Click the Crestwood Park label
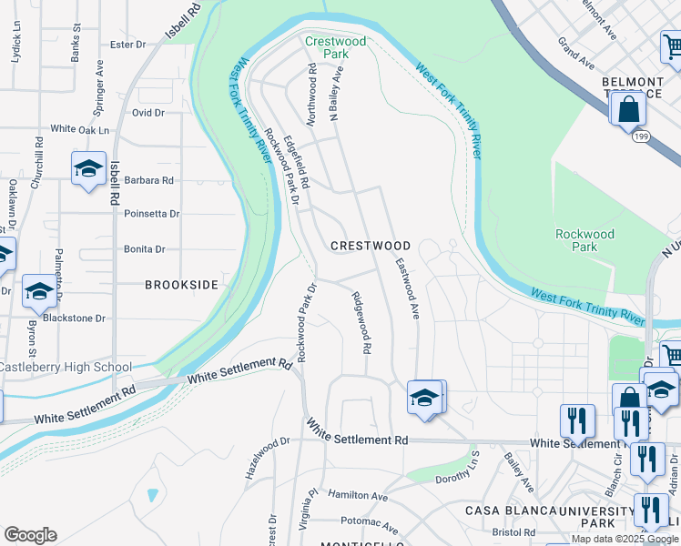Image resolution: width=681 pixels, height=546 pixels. click(x=336, y=47)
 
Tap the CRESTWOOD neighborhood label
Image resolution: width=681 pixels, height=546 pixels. click(x=371, y=246)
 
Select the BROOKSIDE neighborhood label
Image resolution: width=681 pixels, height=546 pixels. click(x=182, y=285)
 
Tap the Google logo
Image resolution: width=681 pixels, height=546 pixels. click(x=30, y=535)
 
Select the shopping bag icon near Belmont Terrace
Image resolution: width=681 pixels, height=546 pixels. click(x=628, y=110)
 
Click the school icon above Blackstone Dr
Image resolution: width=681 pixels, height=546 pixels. click(x=39, y=292)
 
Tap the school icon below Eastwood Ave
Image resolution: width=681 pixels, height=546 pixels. click(x=424, y=399)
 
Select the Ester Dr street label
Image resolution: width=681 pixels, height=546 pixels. click(x=127, y=44)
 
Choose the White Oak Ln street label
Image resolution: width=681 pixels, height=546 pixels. click(x=79, y=130)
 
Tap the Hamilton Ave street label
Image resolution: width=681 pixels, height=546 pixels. click(x=358, y=496)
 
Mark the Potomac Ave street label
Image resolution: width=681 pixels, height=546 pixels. click(x=369, y=525)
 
